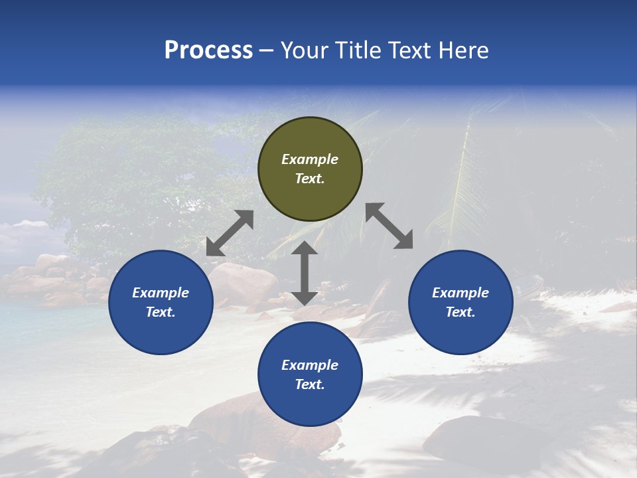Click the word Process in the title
208,50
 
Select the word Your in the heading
304,50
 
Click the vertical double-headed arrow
305,274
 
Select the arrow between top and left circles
230,233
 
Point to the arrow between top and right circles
389,226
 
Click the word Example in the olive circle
310,159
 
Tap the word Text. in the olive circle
310,179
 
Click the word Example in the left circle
161,293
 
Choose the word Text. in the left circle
161,312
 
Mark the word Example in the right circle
460,293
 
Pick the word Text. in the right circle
460,312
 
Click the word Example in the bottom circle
310,365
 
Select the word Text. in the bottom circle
310,384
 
